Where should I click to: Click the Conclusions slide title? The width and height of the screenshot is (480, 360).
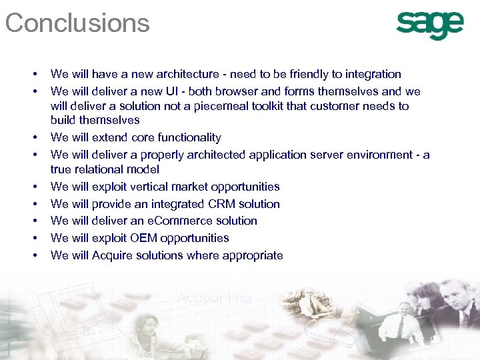coord(77,23)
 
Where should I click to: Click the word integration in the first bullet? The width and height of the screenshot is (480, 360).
coord(371,74)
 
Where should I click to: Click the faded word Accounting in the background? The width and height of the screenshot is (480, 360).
coord(214,298)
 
